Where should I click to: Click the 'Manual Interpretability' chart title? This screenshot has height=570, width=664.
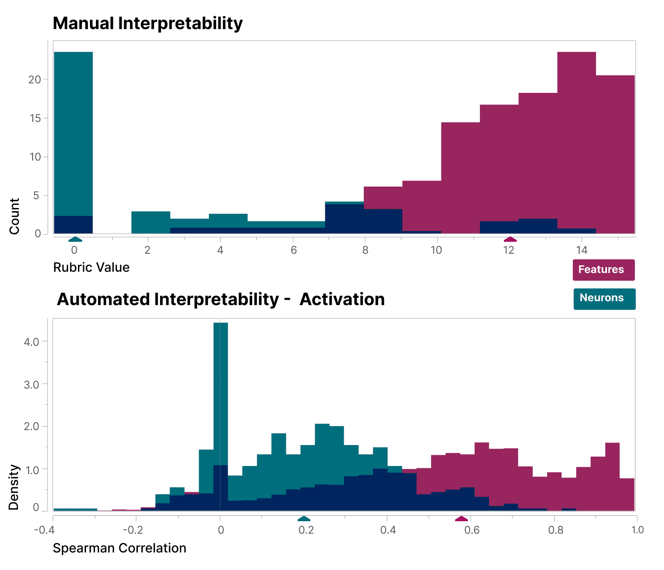point(148,23)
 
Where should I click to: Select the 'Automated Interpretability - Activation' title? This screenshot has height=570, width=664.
point(220,299)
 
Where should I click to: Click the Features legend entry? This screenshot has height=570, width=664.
point(603,270)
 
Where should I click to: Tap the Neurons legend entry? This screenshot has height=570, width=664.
point(604,298)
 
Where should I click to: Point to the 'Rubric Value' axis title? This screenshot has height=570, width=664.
point(91,267)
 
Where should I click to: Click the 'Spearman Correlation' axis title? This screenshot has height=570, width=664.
point(119,548)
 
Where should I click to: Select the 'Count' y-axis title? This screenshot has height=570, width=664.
point(15,216)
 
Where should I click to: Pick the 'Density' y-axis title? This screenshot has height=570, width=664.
point(15,487)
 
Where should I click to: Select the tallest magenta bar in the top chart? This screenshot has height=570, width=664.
point(576,141)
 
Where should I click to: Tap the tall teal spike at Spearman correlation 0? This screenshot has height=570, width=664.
point(220,394)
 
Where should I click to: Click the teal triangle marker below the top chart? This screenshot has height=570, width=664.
point(75,239)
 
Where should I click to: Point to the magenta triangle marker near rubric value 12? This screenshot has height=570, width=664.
point(510,239)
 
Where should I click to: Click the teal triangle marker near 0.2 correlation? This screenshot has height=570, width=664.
point(304,519)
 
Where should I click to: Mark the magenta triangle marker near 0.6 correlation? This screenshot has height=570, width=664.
point(461,519)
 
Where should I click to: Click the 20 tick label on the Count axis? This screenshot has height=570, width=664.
point(35,80)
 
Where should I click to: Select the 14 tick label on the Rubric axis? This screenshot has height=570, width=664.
point(581,250)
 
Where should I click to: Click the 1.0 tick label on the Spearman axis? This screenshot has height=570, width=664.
point(637,530)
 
